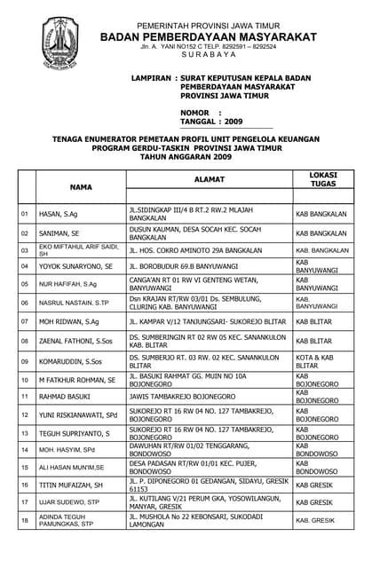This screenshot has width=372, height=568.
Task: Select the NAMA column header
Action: pos(81,187)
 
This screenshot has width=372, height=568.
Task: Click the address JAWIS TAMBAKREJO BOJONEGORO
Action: pos(182,397)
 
